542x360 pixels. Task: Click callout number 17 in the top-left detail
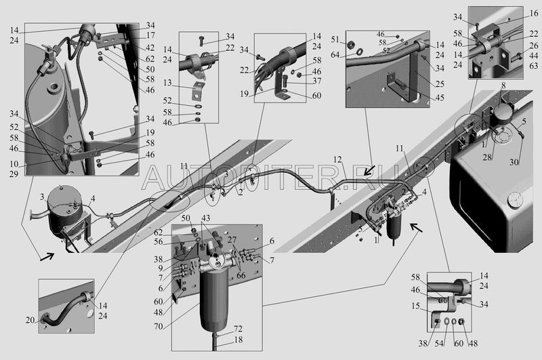150,35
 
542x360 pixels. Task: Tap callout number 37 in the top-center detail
317,81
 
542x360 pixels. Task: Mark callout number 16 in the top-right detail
534,13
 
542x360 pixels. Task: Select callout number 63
534,66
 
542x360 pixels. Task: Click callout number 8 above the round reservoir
503,86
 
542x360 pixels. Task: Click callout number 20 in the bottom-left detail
49,321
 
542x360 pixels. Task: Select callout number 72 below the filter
238,327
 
